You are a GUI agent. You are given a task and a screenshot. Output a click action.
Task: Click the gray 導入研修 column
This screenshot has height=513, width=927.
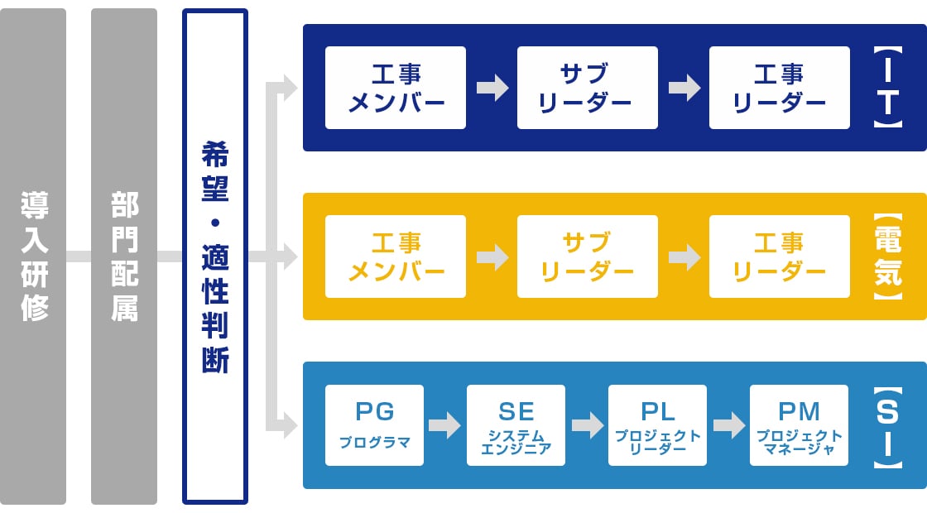tap(33, 256)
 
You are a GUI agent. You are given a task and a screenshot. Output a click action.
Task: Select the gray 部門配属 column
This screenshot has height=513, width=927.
tap(124, 256)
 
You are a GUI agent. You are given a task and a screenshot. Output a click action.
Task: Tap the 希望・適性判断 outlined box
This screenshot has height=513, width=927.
tap(215, 256)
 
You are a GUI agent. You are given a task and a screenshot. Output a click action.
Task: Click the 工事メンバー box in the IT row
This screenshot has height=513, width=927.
tap(396, 88)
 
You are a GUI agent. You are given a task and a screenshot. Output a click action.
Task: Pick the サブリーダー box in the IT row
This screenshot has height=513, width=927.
tap(588, 88)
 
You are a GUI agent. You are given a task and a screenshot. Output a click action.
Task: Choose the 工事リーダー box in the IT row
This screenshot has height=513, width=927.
tap(780, 88)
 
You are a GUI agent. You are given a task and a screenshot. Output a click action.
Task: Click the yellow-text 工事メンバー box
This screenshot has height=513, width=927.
tap(396, 256)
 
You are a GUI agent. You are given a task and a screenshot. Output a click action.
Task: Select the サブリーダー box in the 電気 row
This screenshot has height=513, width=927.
tap(588, 256)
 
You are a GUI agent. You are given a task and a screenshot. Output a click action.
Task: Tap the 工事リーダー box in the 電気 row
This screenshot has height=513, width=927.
tap(780, 256)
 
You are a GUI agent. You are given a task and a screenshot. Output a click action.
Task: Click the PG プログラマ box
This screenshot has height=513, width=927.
tap(374, 425)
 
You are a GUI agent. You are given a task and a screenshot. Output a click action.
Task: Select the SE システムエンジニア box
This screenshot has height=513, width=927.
tap(516, 425)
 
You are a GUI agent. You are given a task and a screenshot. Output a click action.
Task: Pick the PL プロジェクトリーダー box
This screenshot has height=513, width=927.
tap(657, 425)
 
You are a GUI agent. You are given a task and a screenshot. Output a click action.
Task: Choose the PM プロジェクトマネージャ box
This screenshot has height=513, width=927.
tap(799, 425)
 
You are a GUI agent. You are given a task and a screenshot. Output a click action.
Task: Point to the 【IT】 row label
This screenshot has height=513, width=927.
tap(888, 87)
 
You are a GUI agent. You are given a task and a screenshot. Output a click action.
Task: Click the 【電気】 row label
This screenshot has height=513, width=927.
tap(888, 256)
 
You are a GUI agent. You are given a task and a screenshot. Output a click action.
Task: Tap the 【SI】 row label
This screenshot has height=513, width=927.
tap(888, 427)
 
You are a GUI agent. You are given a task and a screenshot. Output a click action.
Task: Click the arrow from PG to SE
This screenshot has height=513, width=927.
tap(444, 425)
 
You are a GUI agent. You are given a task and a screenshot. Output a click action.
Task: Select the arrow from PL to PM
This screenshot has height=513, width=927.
tap(728, 425)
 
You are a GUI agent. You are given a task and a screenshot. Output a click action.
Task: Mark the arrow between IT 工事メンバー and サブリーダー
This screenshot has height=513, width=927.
tap(492, 88)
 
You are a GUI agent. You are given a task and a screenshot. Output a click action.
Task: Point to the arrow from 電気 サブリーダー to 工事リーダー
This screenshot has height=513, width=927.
tap(684, 256)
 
